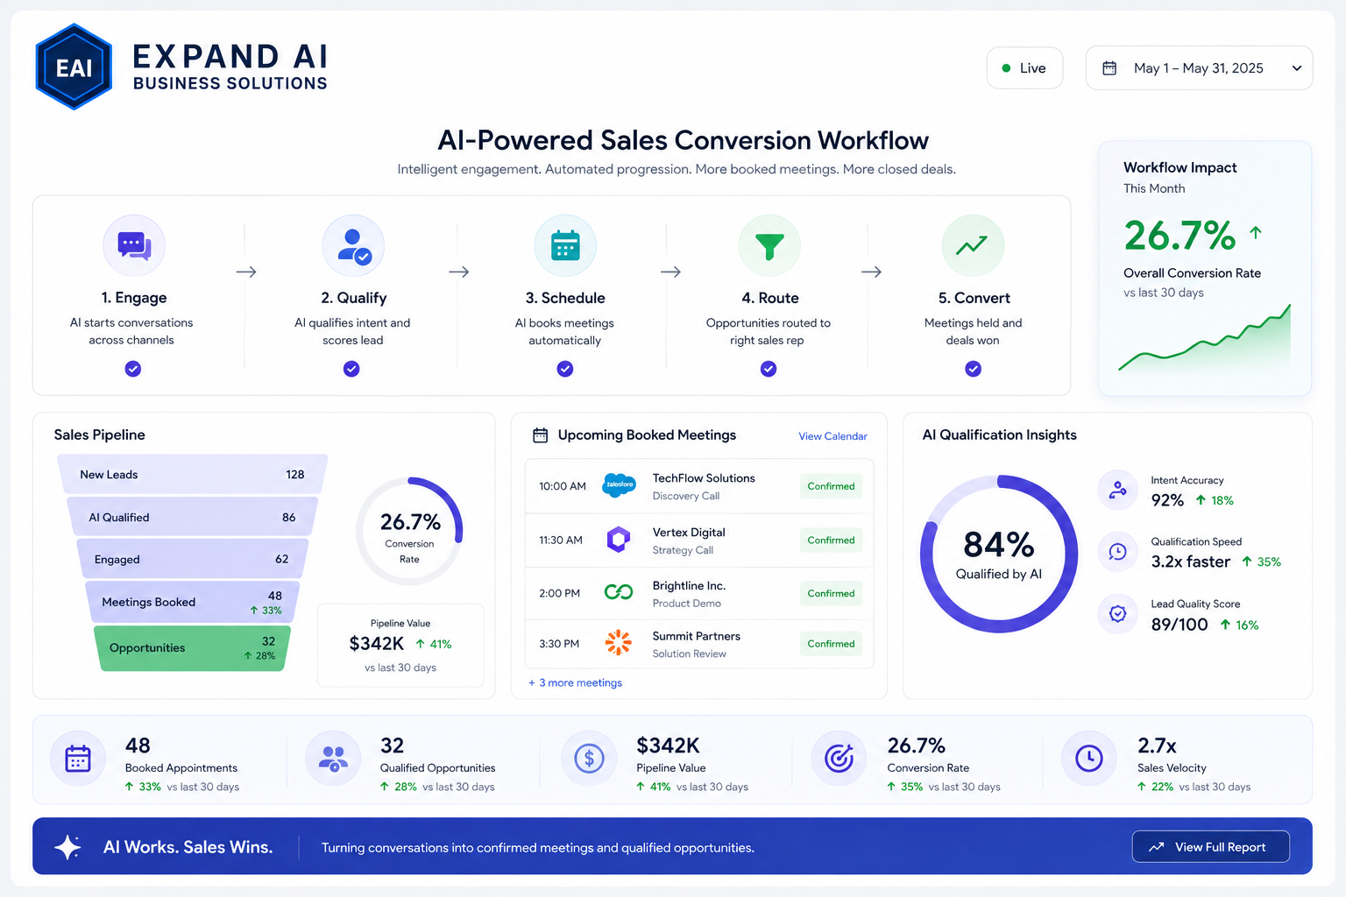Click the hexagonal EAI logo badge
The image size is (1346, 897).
coord(74,67)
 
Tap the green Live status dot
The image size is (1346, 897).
coord(1006,68)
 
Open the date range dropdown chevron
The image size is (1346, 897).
coord(1297,68)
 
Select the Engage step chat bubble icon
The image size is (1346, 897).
coord(134,246)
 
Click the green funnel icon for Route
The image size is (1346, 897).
coord(769,246)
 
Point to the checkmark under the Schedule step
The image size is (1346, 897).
coord(565,369)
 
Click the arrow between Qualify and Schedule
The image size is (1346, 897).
coord(459,272)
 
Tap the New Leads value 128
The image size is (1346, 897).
coord(295,475)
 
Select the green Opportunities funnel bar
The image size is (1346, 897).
coord(192,648)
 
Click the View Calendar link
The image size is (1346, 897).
coord(832,436)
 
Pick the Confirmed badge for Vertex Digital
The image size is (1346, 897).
coord(831,540)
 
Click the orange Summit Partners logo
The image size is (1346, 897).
coord(619,642)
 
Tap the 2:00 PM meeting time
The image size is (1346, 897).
coord(559,594)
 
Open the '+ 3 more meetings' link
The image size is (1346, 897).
coord(575,683)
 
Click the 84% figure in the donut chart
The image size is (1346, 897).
coord(999,545)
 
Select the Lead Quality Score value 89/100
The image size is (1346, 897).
coord(1179,625)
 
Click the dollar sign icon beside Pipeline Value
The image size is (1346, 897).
coord(589,759)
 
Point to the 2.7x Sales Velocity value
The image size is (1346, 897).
coord(1157,745)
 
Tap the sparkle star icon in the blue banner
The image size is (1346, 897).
coord(67,847)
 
